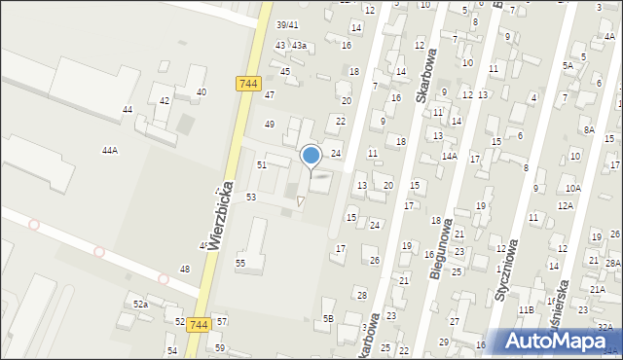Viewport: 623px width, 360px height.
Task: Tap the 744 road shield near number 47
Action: pos(247,84)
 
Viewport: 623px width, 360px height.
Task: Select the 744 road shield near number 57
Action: pos(200,324)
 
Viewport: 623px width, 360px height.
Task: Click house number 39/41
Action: pos(286,25)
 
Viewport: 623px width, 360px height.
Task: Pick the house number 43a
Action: pos(299,46)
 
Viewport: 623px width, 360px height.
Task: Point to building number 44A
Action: pos(110,151)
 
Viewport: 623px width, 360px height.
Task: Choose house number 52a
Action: pos(140,305)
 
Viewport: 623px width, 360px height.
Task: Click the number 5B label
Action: pos(328,318)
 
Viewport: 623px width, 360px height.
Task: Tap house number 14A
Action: pos(449,156)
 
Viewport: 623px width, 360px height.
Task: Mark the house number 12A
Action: pos(566,206)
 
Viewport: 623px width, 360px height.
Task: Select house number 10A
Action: pos(572,188)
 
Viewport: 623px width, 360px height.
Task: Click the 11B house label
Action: pos(527,309)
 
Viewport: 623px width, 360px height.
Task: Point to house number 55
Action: pos(240,263)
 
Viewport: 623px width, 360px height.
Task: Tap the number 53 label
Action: pos(251,198)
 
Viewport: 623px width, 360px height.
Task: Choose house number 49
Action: pos(270,124)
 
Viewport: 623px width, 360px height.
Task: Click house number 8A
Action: pos(589,129)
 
